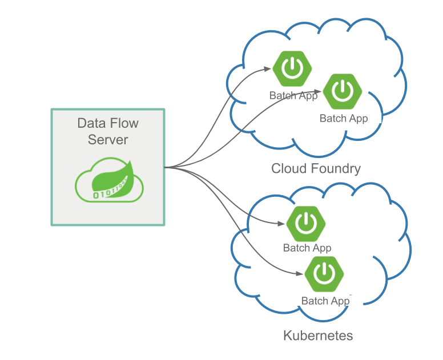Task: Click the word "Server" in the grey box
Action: [108, 140]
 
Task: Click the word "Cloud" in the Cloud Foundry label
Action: [289, 169]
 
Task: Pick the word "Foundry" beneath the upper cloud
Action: [336, 169]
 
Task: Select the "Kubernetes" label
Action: [318, 335]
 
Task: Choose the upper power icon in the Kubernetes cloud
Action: [306, 223]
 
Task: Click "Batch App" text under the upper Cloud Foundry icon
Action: [293, 95]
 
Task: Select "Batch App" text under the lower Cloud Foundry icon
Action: [344, 119]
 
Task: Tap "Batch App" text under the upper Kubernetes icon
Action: [307, 248]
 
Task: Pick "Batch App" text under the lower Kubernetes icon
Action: [325, 301]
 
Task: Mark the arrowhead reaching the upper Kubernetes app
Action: [281, 224]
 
